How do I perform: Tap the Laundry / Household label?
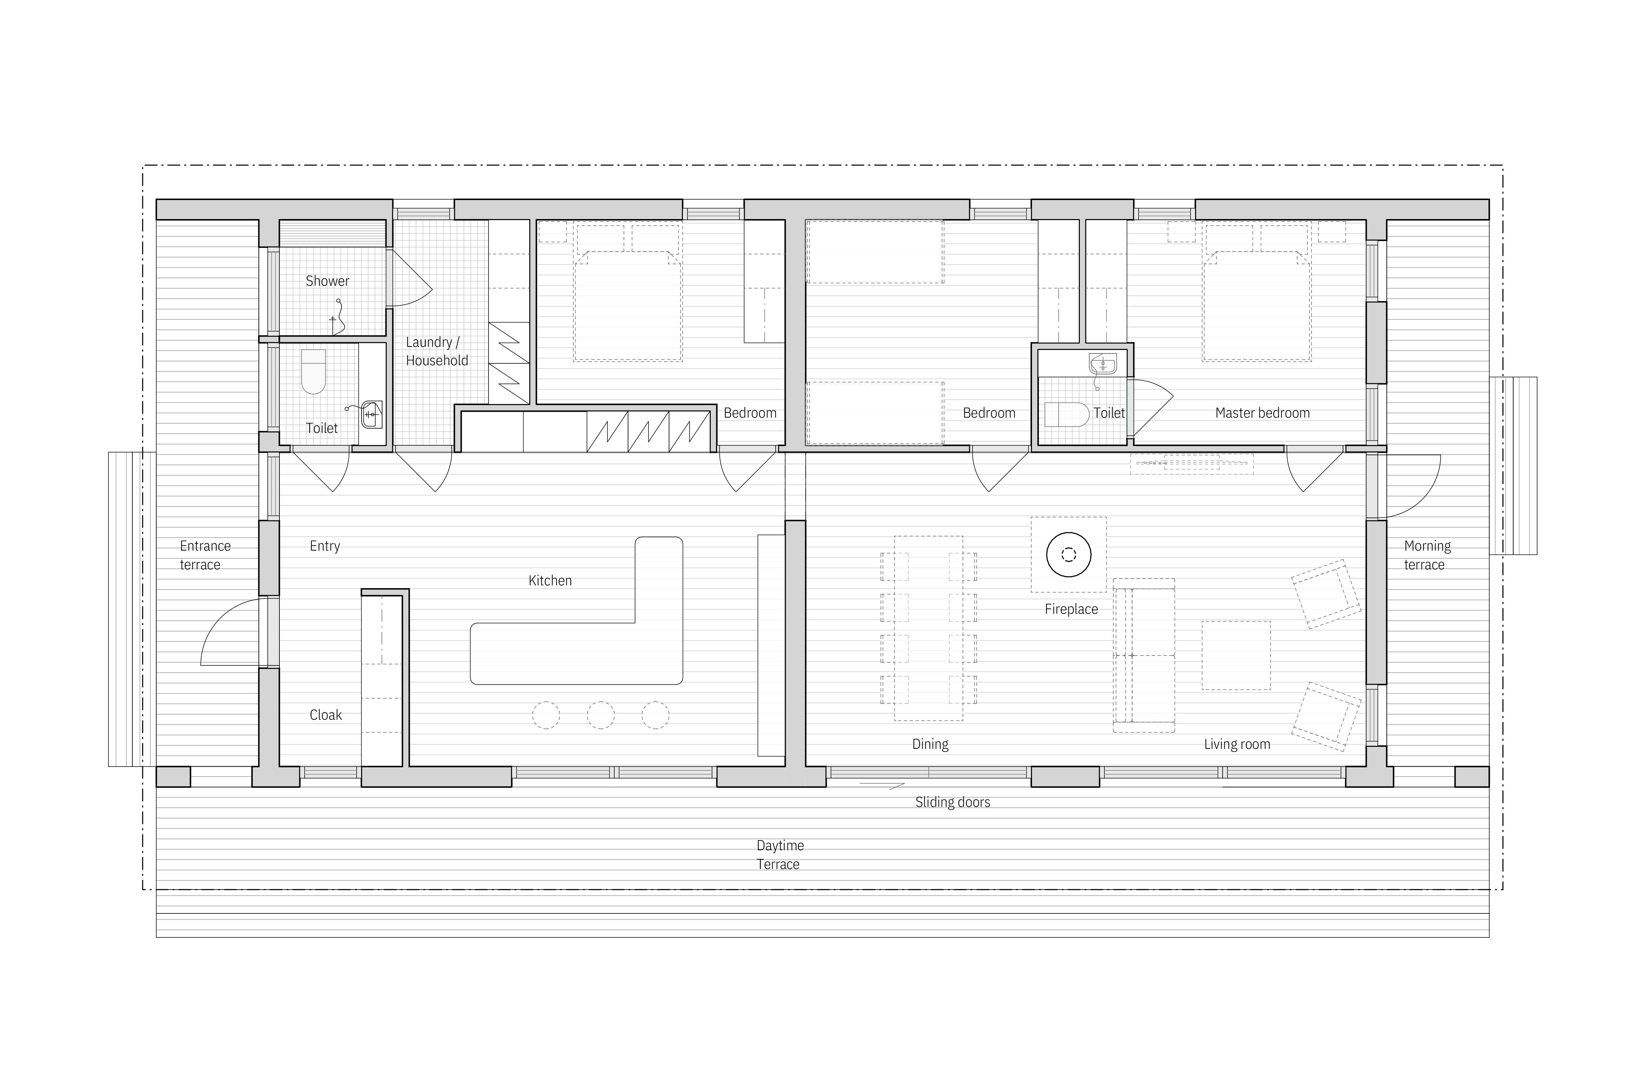pos(437,351)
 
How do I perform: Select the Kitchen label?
pos(550,580)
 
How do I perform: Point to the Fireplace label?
pos(1071,609)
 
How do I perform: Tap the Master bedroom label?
pos(1262,412)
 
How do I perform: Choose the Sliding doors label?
pos(952,802)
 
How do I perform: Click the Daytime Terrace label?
pos(780,854)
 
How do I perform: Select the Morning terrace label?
pos(1427,555)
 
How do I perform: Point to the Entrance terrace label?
pos(205,555)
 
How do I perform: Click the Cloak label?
pos(326,715)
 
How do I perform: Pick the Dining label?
pos(930,744)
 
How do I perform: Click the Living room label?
pos(1237,744)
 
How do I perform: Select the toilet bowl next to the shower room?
pos(314,372)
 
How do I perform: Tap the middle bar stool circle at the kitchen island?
pos(601,716)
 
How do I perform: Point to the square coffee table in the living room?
pos(1236,655)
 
